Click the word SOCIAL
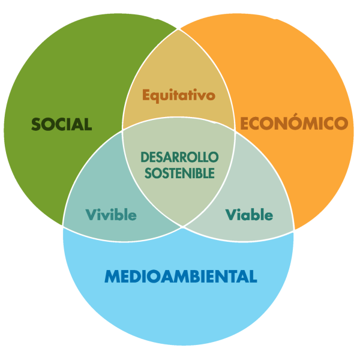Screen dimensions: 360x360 [62, 124]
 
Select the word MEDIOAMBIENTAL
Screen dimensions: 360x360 [181, 276]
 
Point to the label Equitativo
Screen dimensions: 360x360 [179, 95]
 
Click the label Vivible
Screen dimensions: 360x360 [111, 215]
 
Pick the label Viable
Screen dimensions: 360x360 [250, 215]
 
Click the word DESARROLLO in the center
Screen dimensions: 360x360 [179, 157]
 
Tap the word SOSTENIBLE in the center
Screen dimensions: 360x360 [179, 173]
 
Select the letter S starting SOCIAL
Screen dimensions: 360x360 [36, 124]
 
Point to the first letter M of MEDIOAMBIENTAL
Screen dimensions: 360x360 [112, 276]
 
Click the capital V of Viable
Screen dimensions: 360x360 [232, 215]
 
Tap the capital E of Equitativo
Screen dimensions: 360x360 [146, 95]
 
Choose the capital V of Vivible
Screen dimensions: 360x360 [91, 215]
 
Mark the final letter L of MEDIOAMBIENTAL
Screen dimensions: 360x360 [253, 276]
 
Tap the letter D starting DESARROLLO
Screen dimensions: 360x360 [145, 157]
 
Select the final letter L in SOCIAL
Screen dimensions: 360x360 [88, 124]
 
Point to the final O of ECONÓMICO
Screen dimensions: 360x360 [341, 123]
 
